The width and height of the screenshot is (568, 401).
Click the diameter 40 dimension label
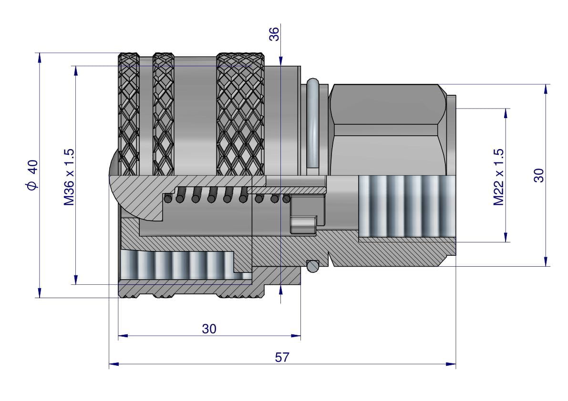click(x=32, y=175)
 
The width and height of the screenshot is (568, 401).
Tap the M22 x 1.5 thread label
click(x=499, y=177)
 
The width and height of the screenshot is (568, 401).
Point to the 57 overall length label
click(x=282, y=357)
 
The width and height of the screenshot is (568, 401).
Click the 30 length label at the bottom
click(x=209, y=329)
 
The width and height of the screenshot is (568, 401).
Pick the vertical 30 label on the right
click(x=538, y=175)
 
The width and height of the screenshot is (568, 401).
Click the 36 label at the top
click(x=274, y=34)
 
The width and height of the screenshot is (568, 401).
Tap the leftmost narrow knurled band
click(x=129, y=114)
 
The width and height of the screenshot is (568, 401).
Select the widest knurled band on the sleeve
click(x=240, y=114)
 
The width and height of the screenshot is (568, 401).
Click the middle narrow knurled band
click(x=163, y=114)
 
